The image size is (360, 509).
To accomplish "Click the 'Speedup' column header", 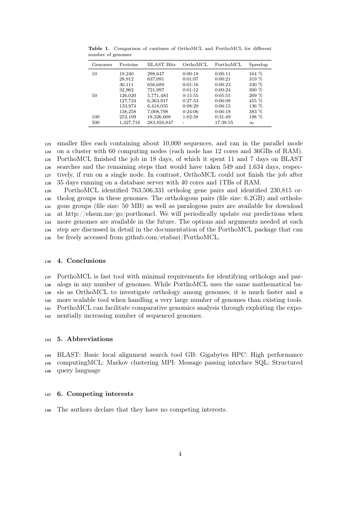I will pyautogui.click(x=258, y=65).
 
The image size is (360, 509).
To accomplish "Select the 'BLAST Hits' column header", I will pyautogui.click(x=161, y=65).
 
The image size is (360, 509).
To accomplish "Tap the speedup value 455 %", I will pyautogui.click(x=256, y=100).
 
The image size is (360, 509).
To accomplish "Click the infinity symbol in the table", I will pyautogui.click(x=252, y=123).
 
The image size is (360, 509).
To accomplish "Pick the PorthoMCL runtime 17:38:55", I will pyautogui.click(x=224, y=123).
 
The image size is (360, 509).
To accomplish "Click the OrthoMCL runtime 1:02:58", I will pyautogui.click(x=190, y=117).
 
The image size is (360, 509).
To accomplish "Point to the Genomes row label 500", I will pyautogui.click(x=95, y=123).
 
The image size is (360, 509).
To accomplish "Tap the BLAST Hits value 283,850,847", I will pyautogui.click(x=160, y=123).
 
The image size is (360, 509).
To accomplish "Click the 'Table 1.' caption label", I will pyautogui.click(x=98, y=48).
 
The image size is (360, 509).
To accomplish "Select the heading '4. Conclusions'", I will pyautogui.click(x=81, y=261).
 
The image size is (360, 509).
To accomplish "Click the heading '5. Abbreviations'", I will pyautogui.click(x=85, y=339).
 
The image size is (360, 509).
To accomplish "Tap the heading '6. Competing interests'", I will pyautogui.click(x=95, y=394).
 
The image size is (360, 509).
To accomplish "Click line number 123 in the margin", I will pyautogui.click(x=48, y=144).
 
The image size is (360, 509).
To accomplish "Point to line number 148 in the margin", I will pyautogui.click(x=48, y=410).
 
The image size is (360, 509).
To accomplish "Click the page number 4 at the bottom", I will pyautogui.click(x=180, y=454).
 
